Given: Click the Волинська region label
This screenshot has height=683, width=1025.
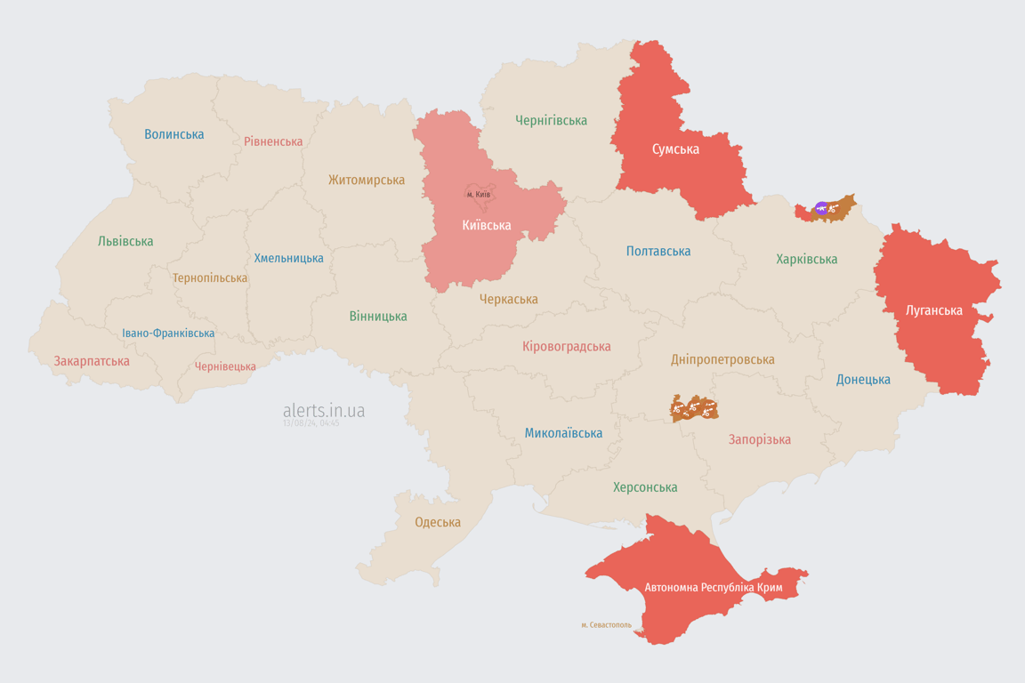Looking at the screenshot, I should pos(174,134).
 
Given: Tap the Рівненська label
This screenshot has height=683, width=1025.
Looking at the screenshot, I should pos(273,141).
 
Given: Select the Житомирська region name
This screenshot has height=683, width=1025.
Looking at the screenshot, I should pos(367,180).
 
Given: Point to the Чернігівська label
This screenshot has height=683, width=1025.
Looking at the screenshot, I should pos(551,120).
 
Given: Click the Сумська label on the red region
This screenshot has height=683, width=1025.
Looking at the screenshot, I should pos(675,149).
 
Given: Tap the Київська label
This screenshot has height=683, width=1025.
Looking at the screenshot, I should pos(487,225).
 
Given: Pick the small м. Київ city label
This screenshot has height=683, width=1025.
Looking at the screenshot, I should pos(479,194).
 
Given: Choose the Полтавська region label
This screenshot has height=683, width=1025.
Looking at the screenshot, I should pos(658,252).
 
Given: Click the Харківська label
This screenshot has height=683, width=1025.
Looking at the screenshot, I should pos(806,260).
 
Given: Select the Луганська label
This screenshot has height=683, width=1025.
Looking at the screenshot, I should pos(933,310).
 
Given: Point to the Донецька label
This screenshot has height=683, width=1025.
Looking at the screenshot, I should pos(863,380).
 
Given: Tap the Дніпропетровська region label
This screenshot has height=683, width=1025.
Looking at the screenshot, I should pos(722,360).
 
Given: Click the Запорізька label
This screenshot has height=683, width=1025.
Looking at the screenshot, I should pos(759,439).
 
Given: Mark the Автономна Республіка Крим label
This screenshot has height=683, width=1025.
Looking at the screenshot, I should pos(713,588).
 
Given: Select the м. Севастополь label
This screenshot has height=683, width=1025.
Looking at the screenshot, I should pos(606,625).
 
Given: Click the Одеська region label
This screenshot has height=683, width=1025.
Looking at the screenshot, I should pos(438,522).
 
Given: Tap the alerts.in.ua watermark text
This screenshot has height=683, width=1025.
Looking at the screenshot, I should pos(324,411).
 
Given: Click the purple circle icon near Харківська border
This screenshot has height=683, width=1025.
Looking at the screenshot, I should pos(821,209).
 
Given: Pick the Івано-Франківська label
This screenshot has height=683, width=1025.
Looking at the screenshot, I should pos(168,333).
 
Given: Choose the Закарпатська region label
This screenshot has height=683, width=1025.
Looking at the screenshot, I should pos(92,361).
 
